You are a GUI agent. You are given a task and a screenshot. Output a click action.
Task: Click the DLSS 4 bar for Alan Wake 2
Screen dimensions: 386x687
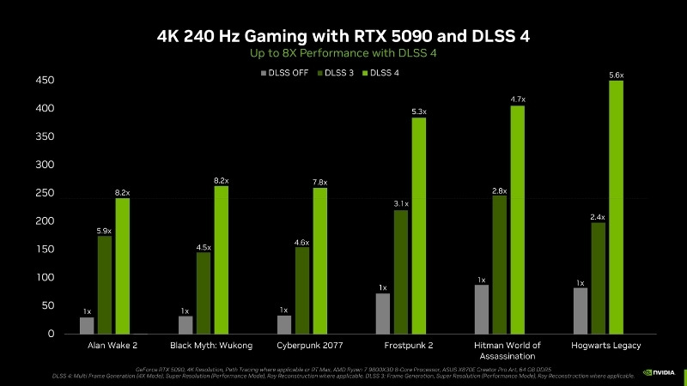(122, 266)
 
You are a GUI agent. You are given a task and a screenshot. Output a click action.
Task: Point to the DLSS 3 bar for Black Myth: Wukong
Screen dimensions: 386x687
(204, 293)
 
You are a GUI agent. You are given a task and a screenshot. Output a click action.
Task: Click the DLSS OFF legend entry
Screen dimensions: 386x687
(284, 73)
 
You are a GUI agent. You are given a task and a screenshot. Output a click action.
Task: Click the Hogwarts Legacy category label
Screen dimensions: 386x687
(605, 345)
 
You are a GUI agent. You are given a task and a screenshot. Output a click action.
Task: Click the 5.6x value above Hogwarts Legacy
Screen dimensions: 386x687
(616, 75)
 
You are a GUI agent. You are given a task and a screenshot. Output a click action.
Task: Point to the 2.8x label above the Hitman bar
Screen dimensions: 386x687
(500, 190)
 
